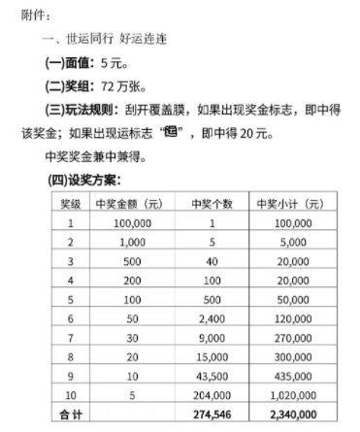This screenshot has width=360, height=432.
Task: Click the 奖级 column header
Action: pyautogui.click(x=71, y=203)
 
